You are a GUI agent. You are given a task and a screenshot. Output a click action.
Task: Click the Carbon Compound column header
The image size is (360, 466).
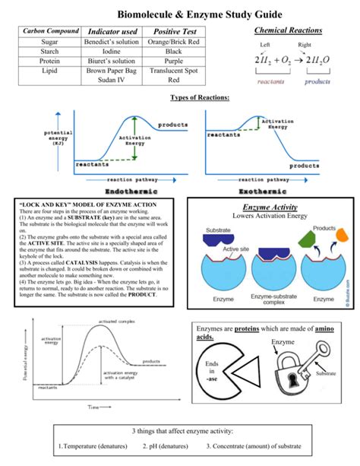tap(51, 31)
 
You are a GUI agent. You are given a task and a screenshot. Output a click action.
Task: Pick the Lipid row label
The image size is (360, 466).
tap(51, 71)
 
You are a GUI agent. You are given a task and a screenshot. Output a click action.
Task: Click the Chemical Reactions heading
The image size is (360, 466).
tap(288, 30)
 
